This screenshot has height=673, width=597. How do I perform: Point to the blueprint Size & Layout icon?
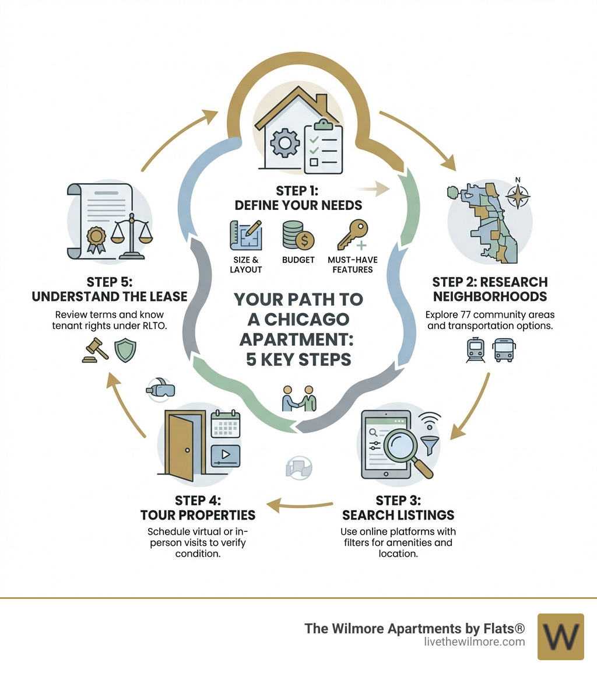click(245, 235)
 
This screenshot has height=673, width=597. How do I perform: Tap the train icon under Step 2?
click(476, 350)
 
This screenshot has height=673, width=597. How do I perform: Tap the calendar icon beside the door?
click(225, 424)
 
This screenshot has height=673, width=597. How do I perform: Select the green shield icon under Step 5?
click(125, 351)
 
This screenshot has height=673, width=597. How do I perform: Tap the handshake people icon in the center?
click(298, 398)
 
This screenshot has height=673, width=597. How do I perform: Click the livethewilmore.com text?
click(475, 642)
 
